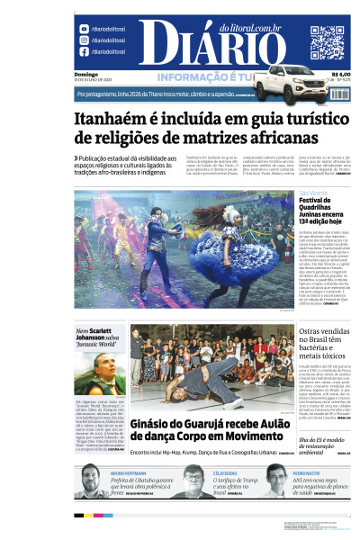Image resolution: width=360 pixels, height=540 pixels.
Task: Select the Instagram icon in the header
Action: tap(84, 40)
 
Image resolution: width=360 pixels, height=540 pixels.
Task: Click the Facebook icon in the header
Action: tap(84, 52)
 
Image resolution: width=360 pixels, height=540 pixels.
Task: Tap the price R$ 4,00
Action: tap(340, 74)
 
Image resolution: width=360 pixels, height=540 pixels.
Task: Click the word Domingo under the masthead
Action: tap(86, 74)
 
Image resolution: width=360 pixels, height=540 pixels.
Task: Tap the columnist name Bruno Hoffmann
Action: tap(128, 472)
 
